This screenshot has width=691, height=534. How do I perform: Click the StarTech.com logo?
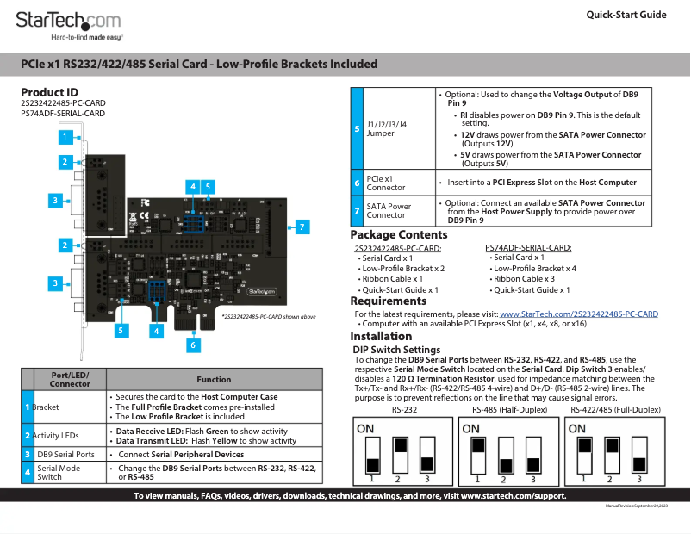pyautogui.click(x=69, y=21)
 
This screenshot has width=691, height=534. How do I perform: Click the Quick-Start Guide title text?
pyautogui.click(x=626, y=15)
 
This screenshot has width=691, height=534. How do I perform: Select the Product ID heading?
pyautogui.click(x=49, y=92)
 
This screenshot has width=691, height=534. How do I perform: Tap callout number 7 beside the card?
pyautogui.click(x=302, y=227)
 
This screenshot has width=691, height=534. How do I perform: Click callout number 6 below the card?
pyautogui.click(x=193, y=345)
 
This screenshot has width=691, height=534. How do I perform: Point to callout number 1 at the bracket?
pyautogui.click(x=65, y=136)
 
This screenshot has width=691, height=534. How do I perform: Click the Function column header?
pyautogui.click(x=214, y=379)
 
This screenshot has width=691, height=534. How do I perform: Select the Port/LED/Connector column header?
pyautogui.click(x=70, y=379)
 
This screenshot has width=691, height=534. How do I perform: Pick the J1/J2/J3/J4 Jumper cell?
pyautogui.click(x=387, y=129)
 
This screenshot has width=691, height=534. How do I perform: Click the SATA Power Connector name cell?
pyautogui.click(x=389, y=211)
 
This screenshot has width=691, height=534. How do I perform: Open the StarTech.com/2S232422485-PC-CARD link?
pyautogui.click(x=579, y=314)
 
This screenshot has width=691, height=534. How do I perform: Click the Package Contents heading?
pyautogui.click(x=399, y=235)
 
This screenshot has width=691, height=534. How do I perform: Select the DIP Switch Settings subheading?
pyautogui.click(x=397, y=350)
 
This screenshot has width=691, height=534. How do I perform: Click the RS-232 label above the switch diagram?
pyautogui.click(x=404, y=411)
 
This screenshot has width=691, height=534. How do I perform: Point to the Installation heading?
pyautogui.click(x=382, y=337)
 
